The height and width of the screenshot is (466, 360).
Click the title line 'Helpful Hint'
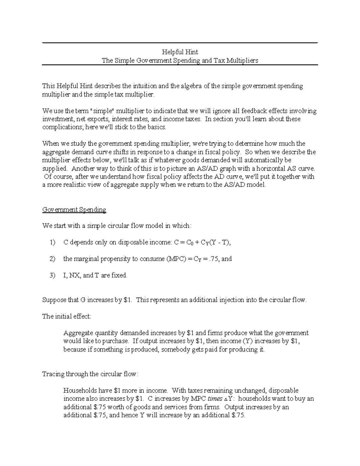180,52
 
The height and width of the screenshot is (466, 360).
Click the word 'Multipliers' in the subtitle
242,61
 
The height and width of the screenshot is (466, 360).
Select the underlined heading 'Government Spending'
74,209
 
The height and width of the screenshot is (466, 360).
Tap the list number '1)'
52,242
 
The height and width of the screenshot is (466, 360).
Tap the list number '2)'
52,259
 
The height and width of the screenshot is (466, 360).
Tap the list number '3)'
52,275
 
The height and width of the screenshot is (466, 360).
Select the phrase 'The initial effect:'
66,316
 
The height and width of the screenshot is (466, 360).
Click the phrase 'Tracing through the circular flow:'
90,374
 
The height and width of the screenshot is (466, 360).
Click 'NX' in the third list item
73,275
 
